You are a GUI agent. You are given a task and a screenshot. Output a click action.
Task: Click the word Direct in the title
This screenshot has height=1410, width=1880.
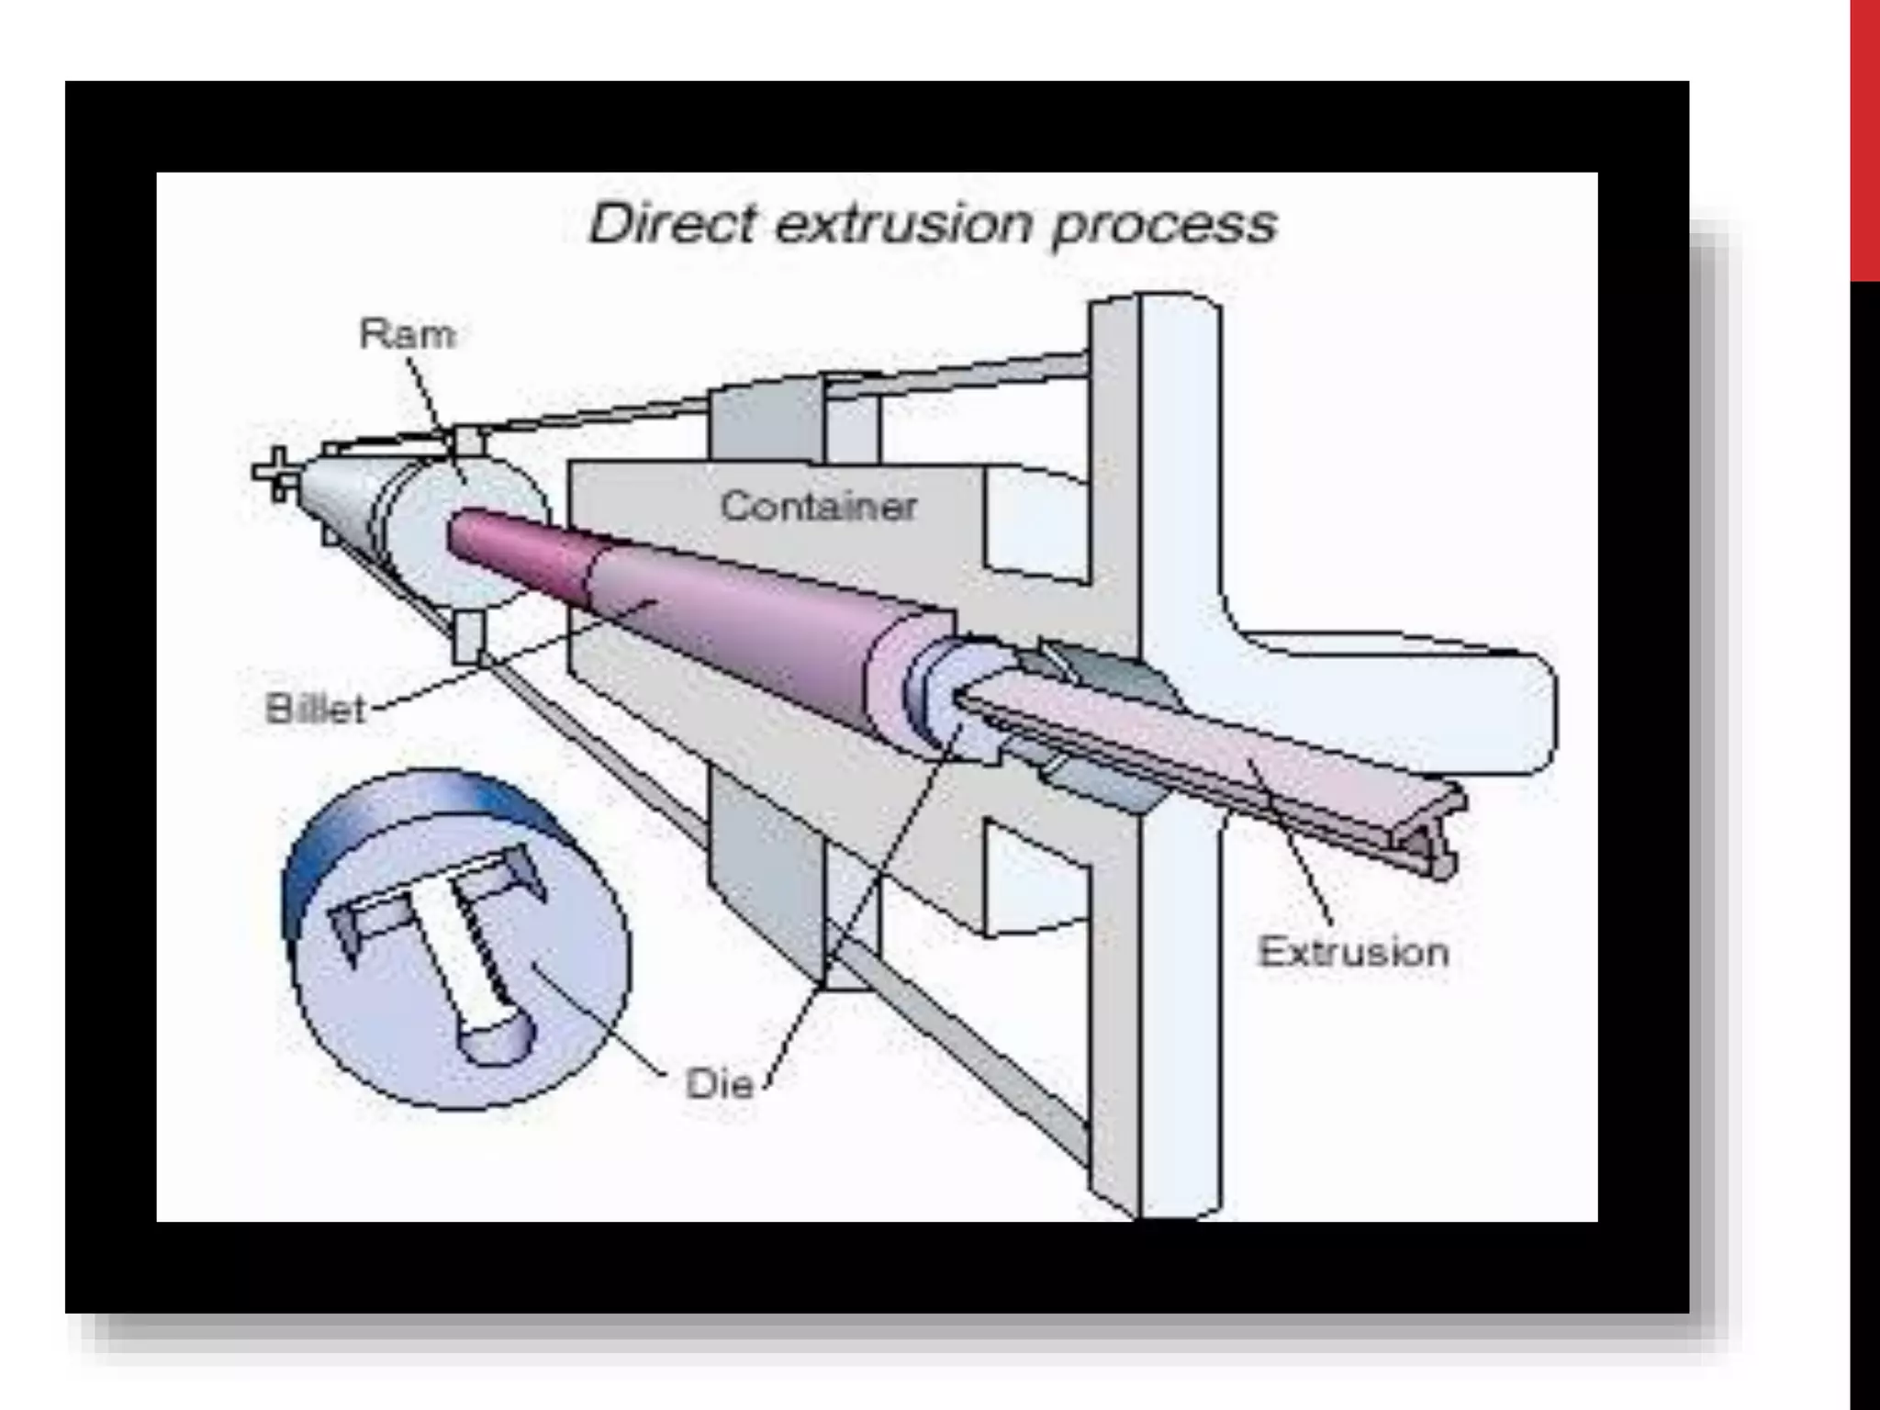point(672,223)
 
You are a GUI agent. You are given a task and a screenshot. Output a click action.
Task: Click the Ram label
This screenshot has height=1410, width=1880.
point(407,333)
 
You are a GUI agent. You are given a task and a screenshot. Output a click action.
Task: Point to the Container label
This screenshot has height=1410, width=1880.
point(818,506)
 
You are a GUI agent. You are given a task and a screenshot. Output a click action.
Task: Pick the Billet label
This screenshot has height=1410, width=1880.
point(315,709)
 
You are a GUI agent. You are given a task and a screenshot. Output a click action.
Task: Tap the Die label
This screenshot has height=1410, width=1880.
point(719,1084)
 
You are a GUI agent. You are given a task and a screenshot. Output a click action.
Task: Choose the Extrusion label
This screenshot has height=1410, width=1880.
point(1353,952)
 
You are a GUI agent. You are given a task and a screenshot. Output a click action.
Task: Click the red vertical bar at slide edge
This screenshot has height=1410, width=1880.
point(1864,138)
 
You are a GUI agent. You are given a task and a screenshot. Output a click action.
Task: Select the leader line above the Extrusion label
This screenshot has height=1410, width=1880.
point(1294,845)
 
